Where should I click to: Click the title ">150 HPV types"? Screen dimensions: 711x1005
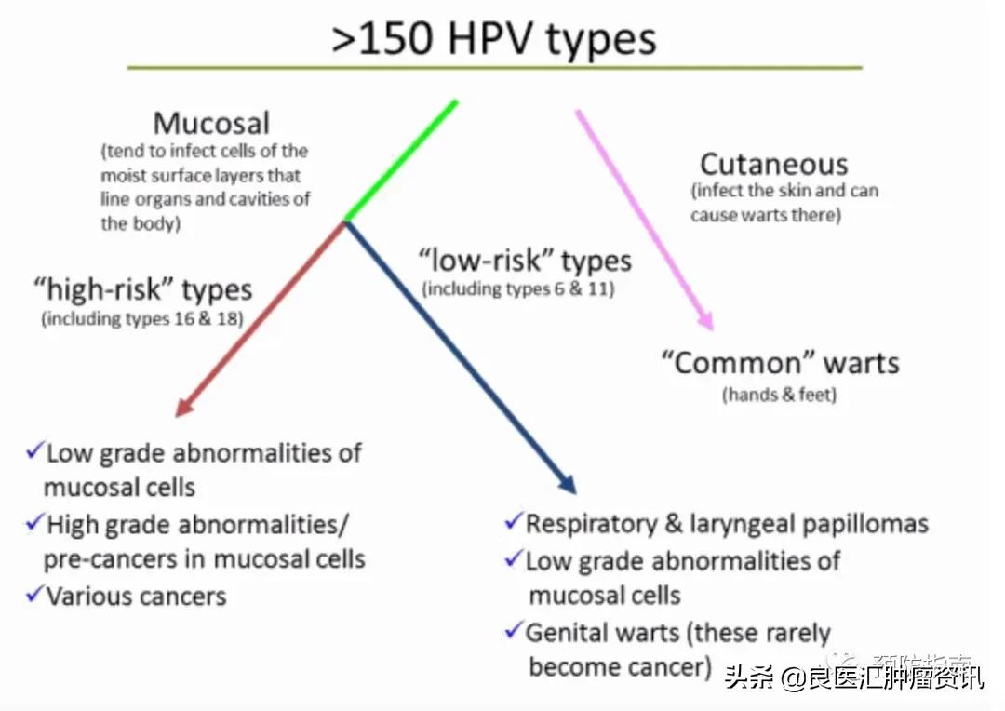pyautogui.click(x=494, y=39)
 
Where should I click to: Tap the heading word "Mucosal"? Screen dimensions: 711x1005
pyautogui.click(x=211, y=123)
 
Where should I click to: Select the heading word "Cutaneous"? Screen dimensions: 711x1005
pyautogui.click(x=773, y=165)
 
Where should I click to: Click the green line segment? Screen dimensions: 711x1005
pyautogui.click(x=401, y=160)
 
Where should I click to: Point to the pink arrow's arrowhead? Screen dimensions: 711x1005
pyautogui.click(x=707, y=321)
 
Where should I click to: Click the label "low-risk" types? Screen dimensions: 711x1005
pyautogui.click(x=525, y=261)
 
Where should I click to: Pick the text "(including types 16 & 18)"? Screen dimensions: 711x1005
pyautogui.click(x=141, y=319)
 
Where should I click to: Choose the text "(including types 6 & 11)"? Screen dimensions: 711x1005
pyautogui.click(x=518, y=289)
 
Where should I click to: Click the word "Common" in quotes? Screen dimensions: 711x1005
pyautogui.click(x=731, y=362)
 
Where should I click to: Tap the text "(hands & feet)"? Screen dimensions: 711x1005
pyautogui.click(x=780, y=395)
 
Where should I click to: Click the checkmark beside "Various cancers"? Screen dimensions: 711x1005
pyautogui.click(x=35, y=593)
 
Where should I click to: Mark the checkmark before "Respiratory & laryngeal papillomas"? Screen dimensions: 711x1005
pyautogui.click(x=514, y=521)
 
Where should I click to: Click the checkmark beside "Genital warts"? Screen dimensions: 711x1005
pyautogui.click(x=514, y=631)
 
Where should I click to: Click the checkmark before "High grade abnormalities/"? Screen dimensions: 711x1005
pyautogui.click(x=35, y=522)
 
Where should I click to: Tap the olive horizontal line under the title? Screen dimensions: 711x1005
pyautogui.click(x=494, y=68)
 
